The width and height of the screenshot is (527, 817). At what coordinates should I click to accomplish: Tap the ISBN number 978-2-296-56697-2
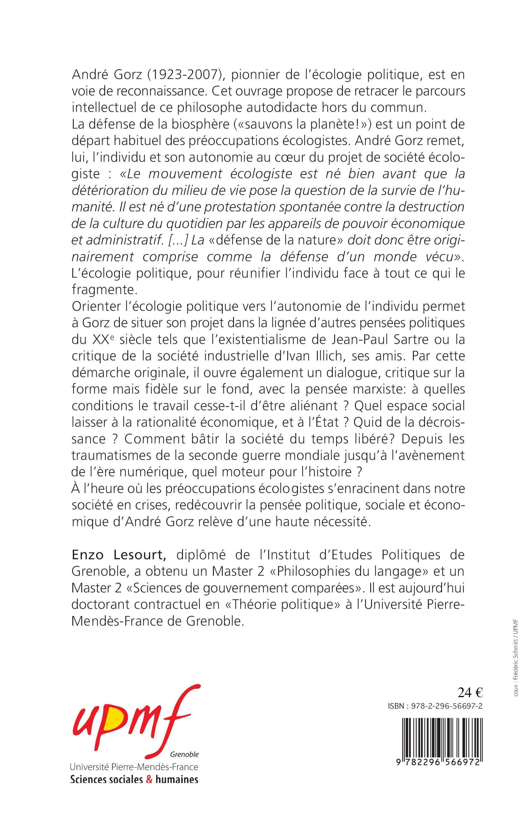coord(445,706)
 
